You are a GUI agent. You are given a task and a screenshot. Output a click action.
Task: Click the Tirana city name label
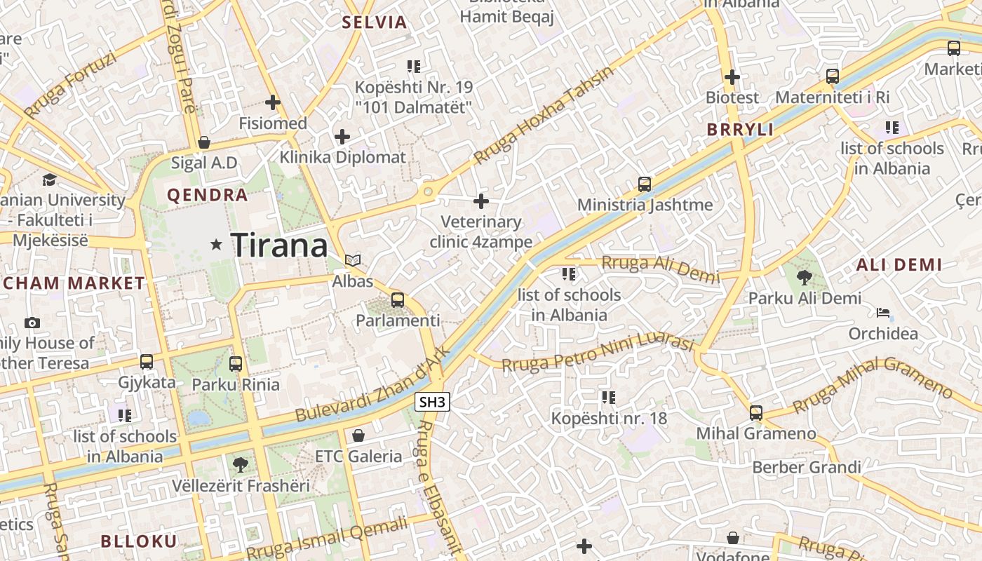pos(279,245)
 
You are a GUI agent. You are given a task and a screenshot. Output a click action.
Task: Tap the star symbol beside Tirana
pos(216,245)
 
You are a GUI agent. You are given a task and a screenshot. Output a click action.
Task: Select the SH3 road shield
pos(432,402)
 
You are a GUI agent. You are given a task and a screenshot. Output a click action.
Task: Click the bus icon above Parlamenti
pos(398,300)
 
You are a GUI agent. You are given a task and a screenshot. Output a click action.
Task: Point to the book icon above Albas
pos(353,261)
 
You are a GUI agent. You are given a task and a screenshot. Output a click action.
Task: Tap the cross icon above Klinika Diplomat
pos(342,136)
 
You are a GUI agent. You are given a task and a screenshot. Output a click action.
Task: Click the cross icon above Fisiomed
pos(273,103)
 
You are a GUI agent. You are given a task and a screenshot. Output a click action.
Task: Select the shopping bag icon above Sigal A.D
pos(204,142)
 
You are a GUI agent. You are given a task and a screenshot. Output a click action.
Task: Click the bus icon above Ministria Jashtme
pos(645,184)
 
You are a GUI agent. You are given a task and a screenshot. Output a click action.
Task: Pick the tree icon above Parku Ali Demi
pos(805,278)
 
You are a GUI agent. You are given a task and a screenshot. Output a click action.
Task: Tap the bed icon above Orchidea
pos(883,313)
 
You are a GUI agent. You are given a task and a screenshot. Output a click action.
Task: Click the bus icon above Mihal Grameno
pos(755,412)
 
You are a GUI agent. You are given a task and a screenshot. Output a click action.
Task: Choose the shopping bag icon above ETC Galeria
pos(358,435)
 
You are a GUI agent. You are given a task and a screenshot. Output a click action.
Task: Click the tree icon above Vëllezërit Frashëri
pos(240,464)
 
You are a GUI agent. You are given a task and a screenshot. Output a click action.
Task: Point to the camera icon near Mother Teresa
pos(32,323)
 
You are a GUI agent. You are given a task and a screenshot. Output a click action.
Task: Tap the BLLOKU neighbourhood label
pos(139,541)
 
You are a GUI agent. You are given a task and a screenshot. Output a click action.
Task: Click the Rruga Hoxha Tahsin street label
pos(544,116)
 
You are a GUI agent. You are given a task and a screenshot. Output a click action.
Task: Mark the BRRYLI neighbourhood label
pos(740,130)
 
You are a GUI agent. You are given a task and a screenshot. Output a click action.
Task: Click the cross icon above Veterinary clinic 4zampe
pos(481,201)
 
